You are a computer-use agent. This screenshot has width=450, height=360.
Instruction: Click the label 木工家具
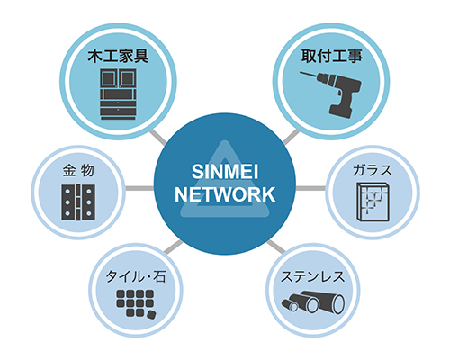tap(118, 57)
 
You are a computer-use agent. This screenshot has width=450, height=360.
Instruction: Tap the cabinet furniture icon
tap(118, 94)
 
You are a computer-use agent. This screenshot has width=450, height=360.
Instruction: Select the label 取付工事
tap(331, 57)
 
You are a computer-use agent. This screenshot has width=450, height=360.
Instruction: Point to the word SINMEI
tap(225, 172)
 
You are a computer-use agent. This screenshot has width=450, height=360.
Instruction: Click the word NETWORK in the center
tap(225, 194)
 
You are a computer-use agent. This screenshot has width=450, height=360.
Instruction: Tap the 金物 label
tap(78, 171)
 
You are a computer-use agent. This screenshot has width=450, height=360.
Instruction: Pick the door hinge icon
tap(78, 202)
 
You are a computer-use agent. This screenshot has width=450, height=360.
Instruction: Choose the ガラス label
tap(373, 170)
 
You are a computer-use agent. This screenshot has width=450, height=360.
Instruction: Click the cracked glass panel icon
tap(373, 202)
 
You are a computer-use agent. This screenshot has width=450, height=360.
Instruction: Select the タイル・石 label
tap(136, 276)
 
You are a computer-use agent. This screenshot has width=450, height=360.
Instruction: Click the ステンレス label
tap(313, 276)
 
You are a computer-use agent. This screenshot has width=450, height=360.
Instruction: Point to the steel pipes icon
tap(313, 302)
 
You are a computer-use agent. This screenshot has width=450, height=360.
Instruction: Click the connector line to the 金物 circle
tap(139, 188)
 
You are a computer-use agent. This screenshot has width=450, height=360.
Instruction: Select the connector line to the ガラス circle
tap(310, 188)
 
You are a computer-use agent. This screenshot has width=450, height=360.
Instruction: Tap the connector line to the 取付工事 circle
tap(292, 138)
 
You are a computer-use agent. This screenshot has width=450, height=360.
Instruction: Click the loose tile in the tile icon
tap(150, 315)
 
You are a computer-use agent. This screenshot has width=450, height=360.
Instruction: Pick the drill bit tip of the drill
tap(301, 72)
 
